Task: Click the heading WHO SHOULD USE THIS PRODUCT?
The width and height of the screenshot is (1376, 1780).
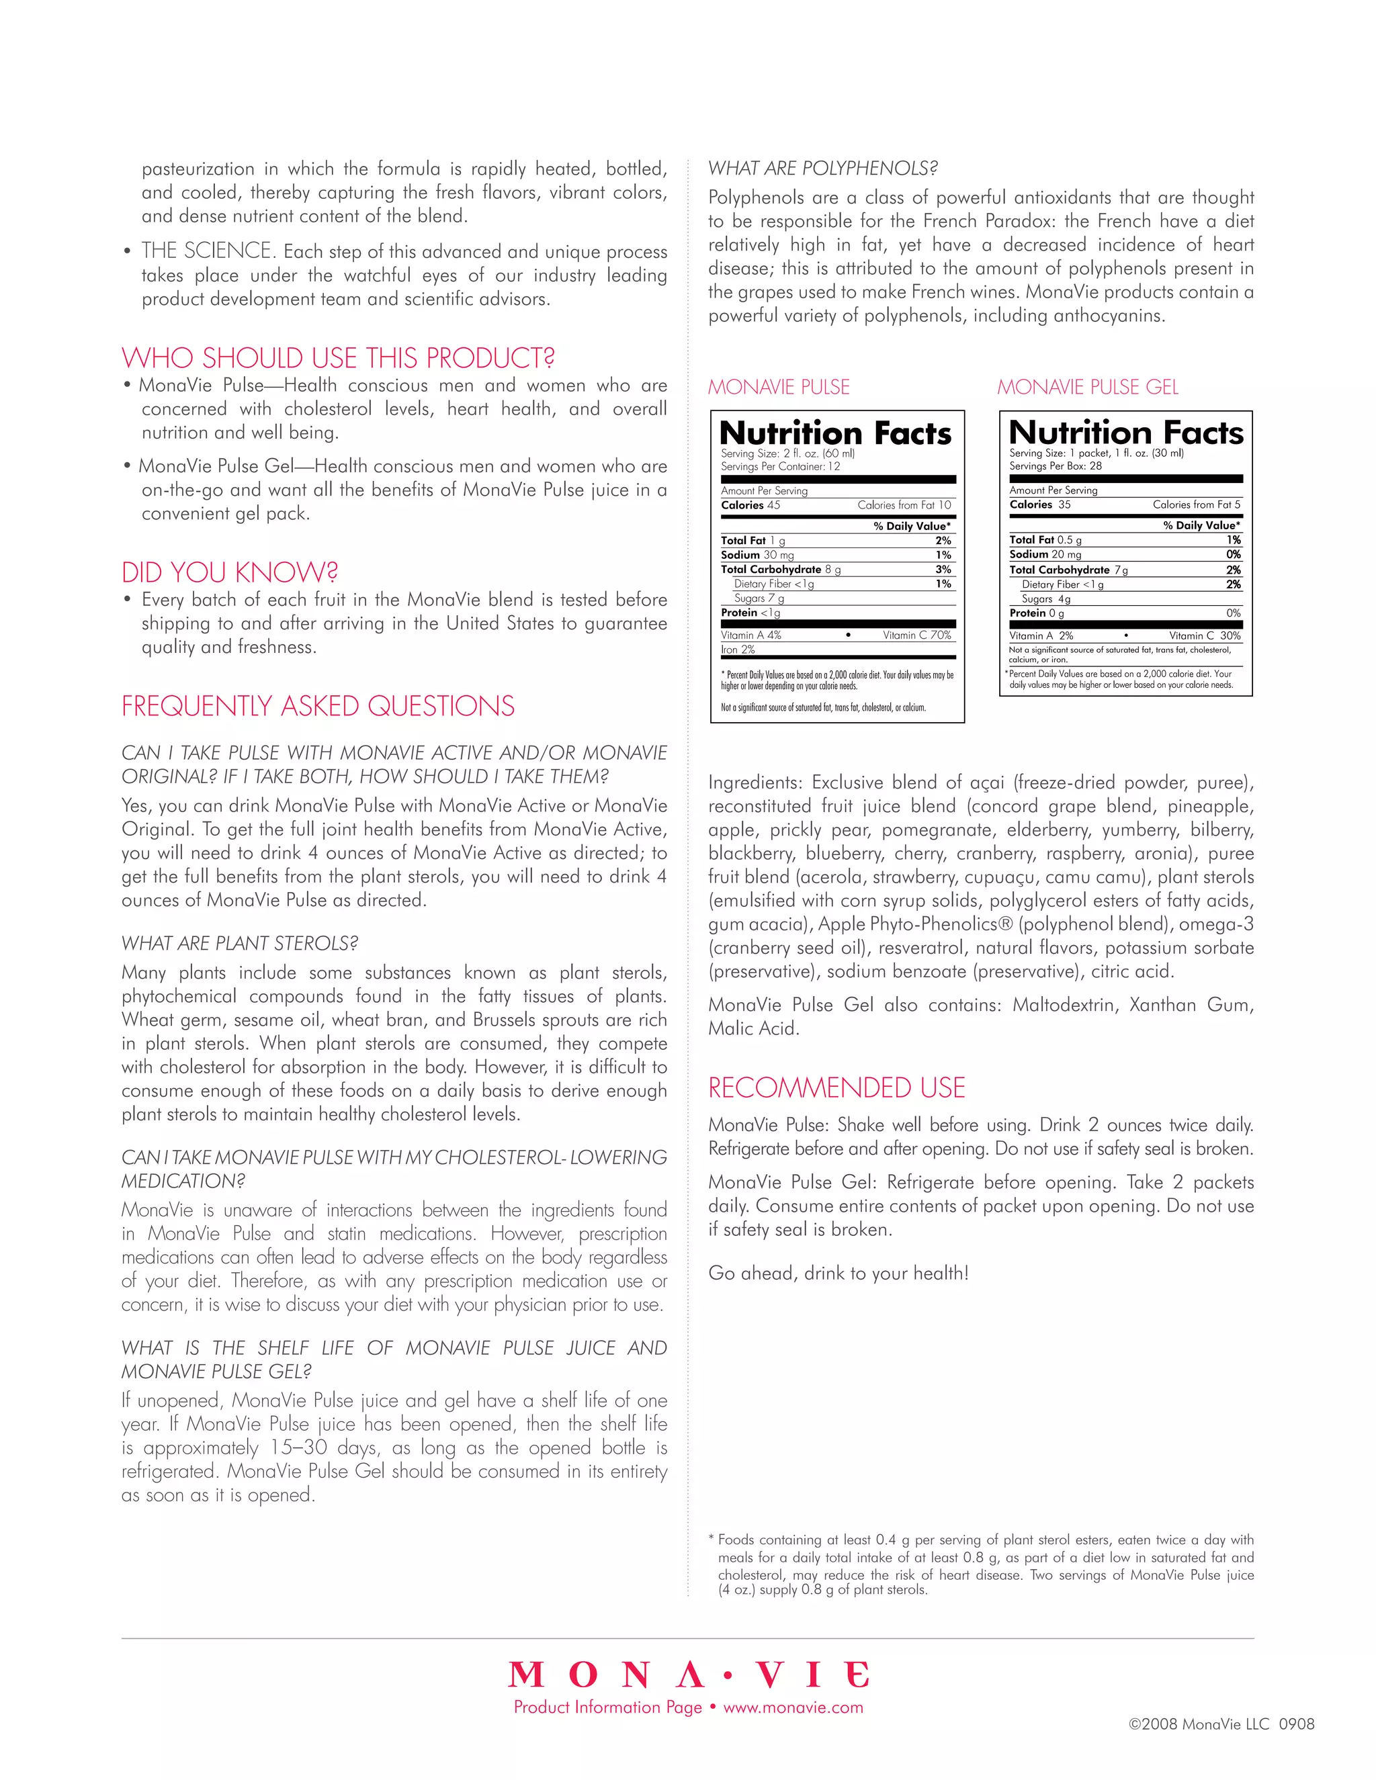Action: click(339, 359)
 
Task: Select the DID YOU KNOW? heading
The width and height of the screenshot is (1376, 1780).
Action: click(230, 573)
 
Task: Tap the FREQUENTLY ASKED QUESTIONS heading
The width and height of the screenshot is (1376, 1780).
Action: click(318, 707)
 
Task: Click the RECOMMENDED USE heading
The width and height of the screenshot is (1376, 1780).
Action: click(836, 1088)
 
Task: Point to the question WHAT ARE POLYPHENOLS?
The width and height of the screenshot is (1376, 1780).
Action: click(822, 169)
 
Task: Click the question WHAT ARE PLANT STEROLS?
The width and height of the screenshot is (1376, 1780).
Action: click(240, 944)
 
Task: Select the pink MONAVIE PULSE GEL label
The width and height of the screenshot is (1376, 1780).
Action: click(1088, 387)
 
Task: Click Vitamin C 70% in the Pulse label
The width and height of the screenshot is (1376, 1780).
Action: click(916, 635)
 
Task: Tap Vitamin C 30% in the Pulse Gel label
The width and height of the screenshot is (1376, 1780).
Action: click(1204, 635)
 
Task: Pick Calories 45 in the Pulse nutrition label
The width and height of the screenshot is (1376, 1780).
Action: click(750, 505)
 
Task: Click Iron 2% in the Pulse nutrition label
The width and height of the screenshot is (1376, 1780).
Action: click(738, 650)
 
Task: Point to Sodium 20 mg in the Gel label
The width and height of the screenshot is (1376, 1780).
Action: click(1045, 554)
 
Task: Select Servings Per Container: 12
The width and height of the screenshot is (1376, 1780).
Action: click(780, 466)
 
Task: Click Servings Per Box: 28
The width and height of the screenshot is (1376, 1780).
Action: click(1055, 466)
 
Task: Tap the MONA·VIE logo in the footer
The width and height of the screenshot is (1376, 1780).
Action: click(689, 1675)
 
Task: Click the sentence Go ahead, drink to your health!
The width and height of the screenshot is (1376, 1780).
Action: click(838, 1273)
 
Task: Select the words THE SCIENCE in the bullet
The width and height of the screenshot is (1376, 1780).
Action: click(207, 251)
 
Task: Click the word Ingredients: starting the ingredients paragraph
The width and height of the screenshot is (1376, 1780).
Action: click(755, 783)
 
